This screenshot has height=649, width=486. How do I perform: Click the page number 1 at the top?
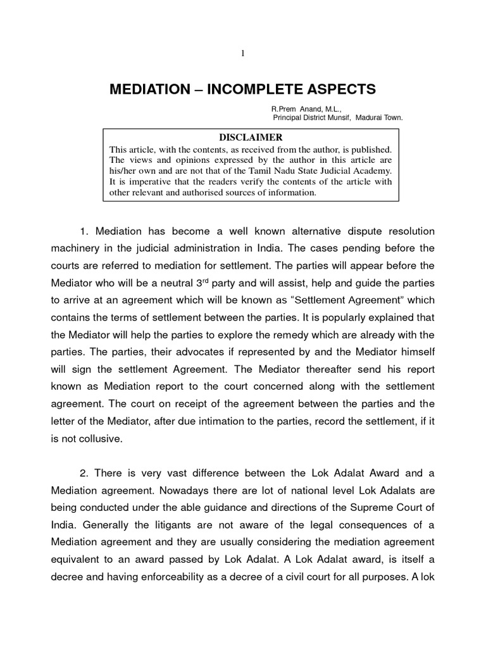(x=242, y=53)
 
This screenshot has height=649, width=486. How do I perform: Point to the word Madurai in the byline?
(x=369, y=117)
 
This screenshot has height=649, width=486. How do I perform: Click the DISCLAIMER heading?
(x=251, y=138)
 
